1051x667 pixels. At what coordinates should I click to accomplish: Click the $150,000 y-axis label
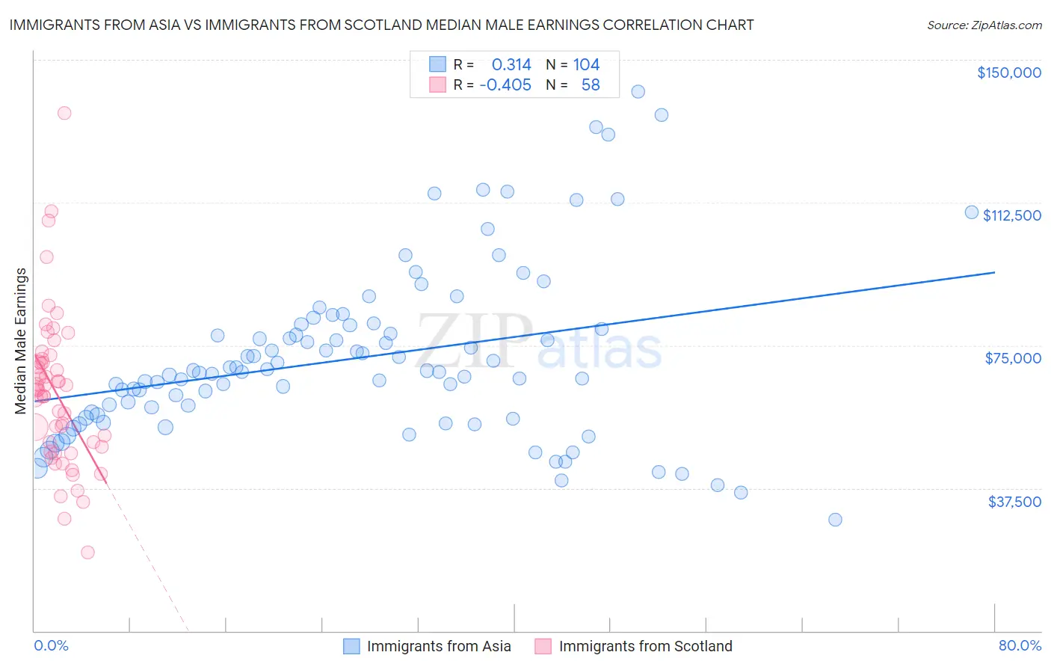tap(1008, 73)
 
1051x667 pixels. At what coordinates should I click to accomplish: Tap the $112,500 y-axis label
tap(1011, 215)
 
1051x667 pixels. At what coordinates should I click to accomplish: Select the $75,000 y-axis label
tap(1013, 358)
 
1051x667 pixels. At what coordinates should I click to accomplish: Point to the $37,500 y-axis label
tap(1014, 502)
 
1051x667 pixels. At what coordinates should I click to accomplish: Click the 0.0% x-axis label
tap(51, 646)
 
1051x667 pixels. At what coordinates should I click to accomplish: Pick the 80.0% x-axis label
tap(1020, 646)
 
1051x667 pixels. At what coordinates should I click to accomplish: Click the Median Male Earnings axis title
tap(21, 341)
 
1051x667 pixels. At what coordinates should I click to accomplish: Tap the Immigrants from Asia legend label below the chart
tap(439, 647)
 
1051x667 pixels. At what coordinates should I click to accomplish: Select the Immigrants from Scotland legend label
tap(645, 647)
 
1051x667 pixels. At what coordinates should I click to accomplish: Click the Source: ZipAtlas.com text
tap(984, 25)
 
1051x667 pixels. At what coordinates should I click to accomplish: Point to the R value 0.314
tap(511, 65)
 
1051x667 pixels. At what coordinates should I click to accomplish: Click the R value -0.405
tap(505, 85)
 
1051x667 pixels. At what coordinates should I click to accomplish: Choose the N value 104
tap(586, 65)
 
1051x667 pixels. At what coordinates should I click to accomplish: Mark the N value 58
tap(591, 85)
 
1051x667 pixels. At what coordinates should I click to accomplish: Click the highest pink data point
tap(64, 113)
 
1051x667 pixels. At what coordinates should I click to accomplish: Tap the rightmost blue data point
tap(972, 212)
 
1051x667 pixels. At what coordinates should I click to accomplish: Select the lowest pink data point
tap(87, 553)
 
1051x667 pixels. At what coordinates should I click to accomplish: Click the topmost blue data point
tap(638, 91)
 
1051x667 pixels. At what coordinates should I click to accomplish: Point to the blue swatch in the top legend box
tap(437, 64)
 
